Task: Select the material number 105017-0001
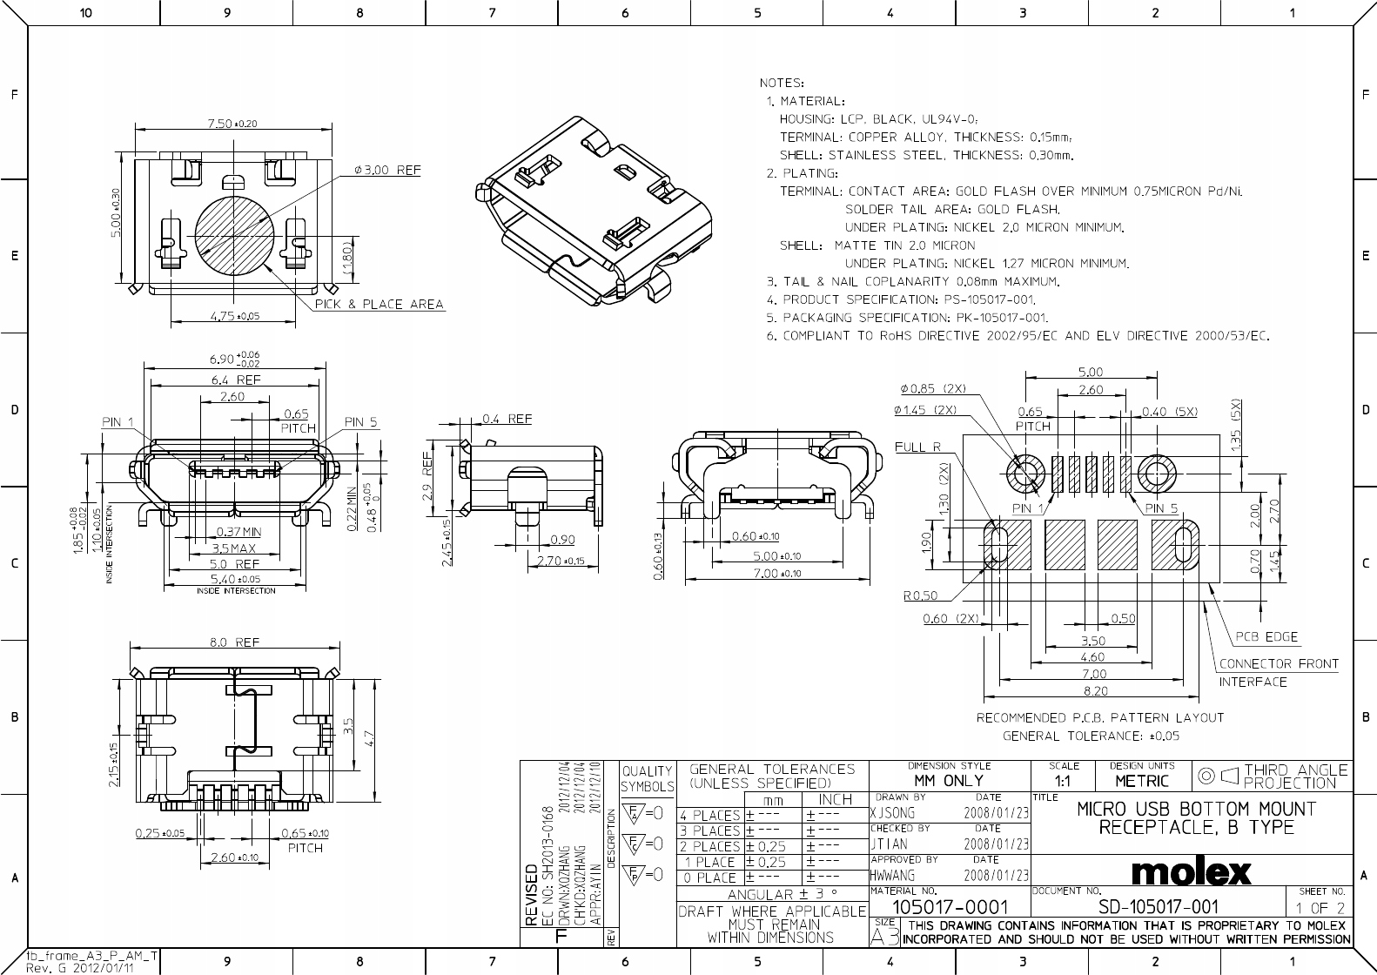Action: click(x=950, y=907)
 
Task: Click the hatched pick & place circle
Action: click(x=234, y=237)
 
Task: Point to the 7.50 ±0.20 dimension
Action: click(x=232, y=124)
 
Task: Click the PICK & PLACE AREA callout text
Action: click(x=379, y=305)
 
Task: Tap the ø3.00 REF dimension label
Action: click(x=387, y=170)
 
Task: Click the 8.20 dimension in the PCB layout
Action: click(x=1094, y=690)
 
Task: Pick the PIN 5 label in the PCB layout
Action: click(x=1161, y=508)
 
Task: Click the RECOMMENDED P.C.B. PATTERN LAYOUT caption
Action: click(x=1099, y=718)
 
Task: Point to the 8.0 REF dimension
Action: click(x=234, y=642)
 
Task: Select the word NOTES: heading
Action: click(x=782, y=83)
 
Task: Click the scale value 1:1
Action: click(x=1063, y=781)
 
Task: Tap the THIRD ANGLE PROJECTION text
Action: click(x=1295, y=776)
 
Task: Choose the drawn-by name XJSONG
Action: click(x=893, y=812)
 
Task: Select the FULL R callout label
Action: click(x=917, y=447)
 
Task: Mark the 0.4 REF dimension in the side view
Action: click(x=507, y=419)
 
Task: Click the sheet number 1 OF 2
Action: click(x=1320, y=908)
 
